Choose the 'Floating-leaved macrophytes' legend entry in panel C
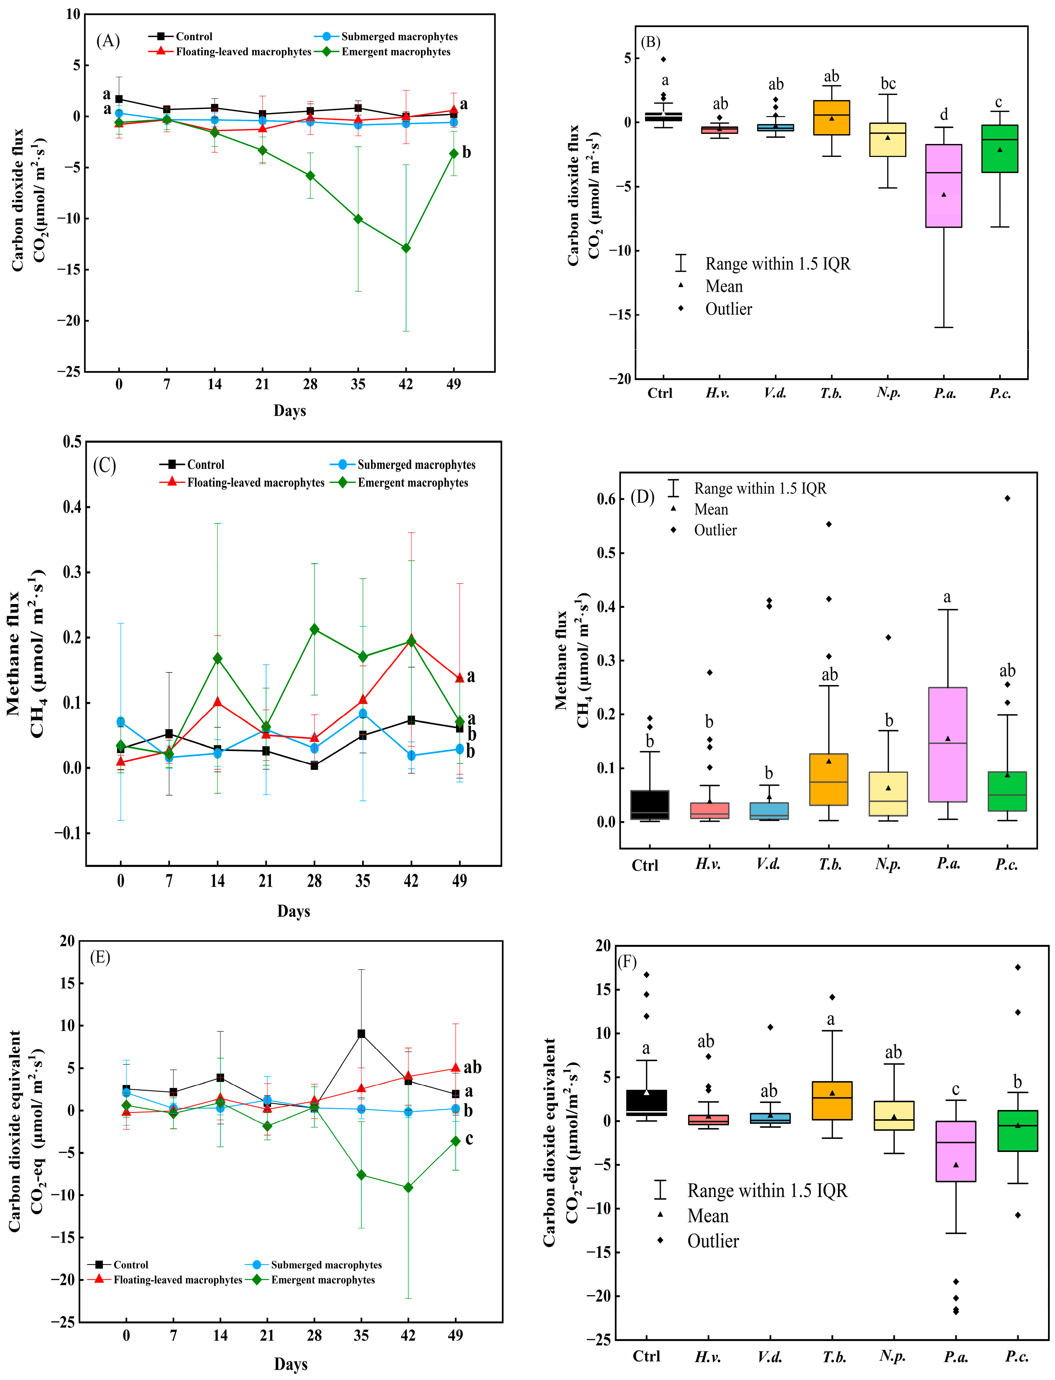click(242, 482)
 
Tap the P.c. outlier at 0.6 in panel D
click(1007, 498)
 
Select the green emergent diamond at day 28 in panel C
click(314, 629)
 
